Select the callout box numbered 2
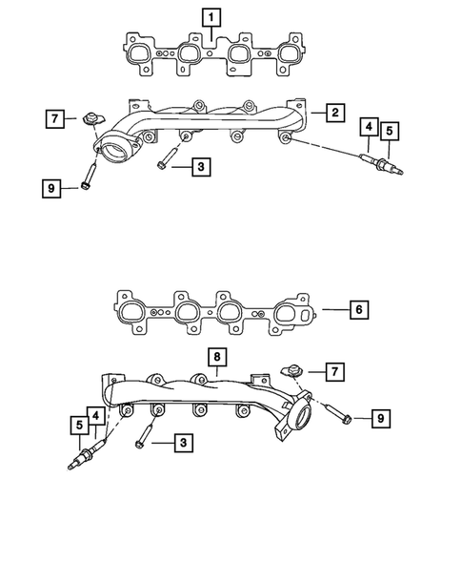(335, 114)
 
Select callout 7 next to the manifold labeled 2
(56, 119)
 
